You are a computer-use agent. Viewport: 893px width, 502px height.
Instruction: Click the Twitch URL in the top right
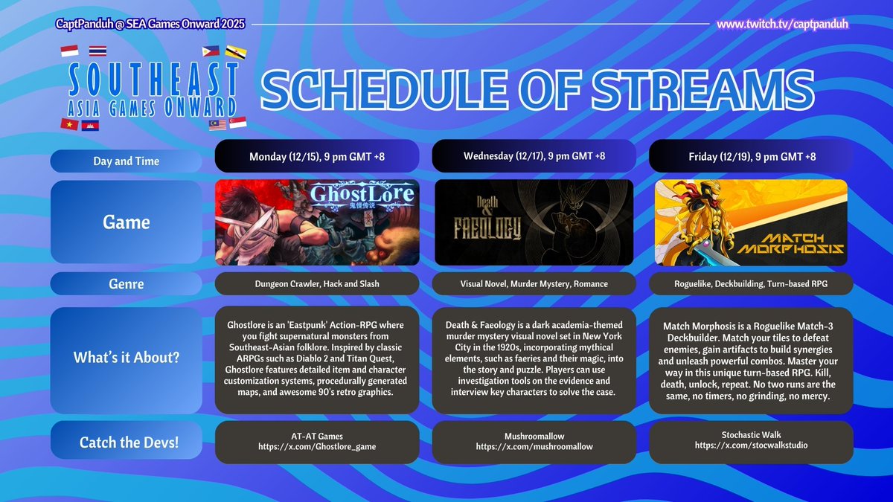pyautogui.click(x=782, y=25)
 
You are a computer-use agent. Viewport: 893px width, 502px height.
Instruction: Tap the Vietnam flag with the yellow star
pyautogui.click(x=69, y=123)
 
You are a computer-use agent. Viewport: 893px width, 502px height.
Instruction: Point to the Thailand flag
pyautogui.click(x=97, y=51)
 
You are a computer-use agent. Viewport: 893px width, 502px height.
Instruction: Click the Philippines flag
pyautogui.click(x=211, y=51)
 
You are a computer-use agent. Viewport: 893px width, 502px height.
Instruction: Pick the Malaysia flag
pyautogui.click(x=218, y=123)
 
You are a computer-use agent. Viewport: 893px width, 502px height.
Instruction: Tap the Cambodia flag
pyautogui.click(x=89, y=123)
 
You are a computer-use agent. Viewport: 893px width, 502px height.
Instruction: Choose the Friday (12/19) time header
pyautogui.click(x=751, y=156)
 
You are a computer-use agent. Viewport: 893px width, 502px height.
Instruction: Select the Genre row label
pyautogui.click(x=124, y=283)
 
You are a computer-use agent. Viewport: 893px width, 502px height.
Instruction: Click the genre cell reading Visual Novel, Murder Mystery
pyautogui.click(x=534, y=283)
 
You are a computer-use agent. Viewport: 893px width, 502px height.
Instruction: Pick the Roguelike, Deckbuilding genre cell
pyautogui.click(x=751, y=283)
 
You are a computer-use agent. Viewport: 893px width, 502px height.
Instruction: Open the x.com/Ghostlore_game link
pyautogui.click(x=318, y=446)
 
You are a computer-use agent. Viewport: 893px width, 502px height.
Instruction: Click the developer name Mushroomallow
pyautogui.click(x=534, y=435)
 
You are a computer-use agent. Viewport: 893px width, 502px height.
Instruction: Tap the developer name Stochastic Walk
pyautogui.click(x=751, y=435)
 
